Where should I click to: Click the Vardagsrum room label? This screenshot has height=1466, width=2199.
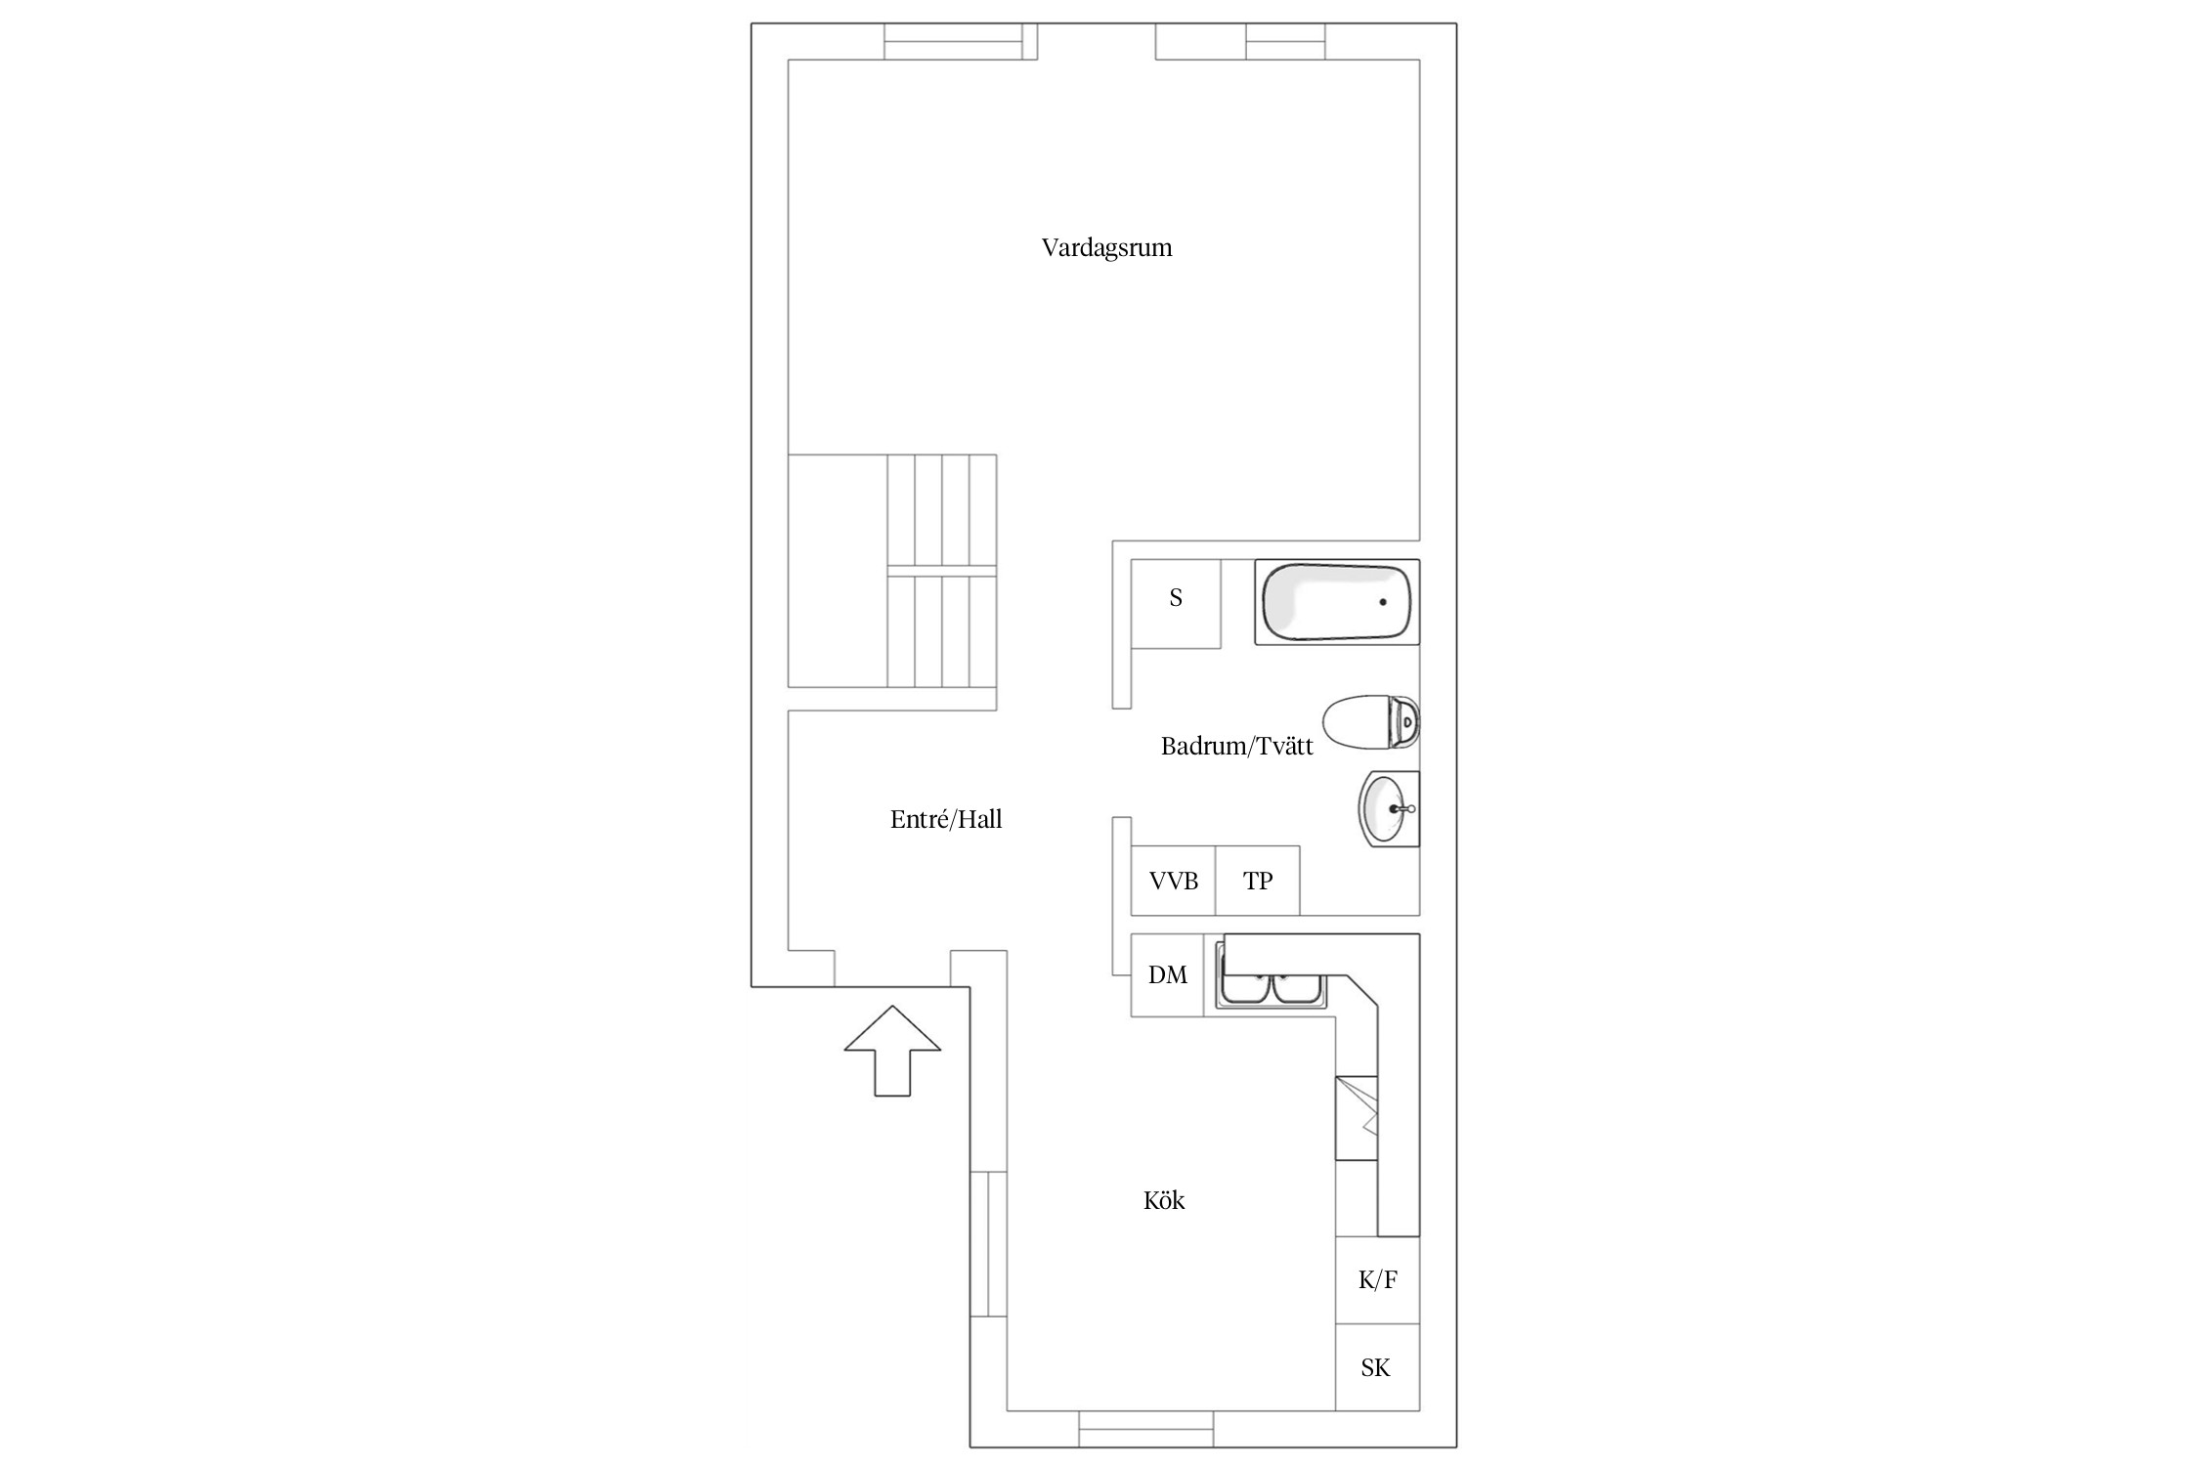click(1106, 248)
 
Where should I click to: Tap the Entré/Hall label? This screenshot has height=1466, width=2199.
click(946, 819)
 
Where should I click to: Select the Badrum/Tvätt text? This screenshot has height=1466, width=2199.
click(1236, 746)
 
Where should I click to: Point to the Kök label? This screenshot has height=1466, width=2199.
click(1164, 1200)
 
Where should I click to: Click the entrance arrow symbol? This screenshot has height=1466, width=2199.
click(892, 1050)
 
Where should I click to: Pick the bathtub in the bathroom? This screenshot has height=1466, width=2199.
click(1337, 602)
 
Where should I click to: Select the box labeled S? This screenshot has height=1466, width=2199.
click(1176, 603)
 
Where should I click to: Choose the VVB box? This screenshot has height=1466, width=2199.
click(1173, 881)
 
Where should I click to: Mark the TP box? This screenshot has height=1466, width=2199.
click(1258, 881)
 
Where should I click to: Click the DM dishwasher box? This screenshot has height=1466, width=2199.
click(1167, 974)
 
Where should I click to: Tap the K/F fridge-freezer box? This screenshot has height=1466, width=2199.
click(1378, 1279)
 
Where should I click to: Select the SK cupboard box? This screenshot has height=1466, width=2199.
click(1378, 1366)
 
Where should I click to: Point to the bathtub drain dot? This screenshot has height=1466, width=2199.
click(1383, 602)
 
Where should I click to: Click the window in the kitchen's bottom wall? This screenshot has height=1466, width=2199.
click(1146, 1428)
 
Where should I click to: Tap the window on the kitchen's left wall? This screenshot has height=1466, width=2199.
click(988, 1243)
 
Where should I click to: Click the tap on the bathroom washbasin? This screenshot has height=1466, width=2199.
click(1403, 808)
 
